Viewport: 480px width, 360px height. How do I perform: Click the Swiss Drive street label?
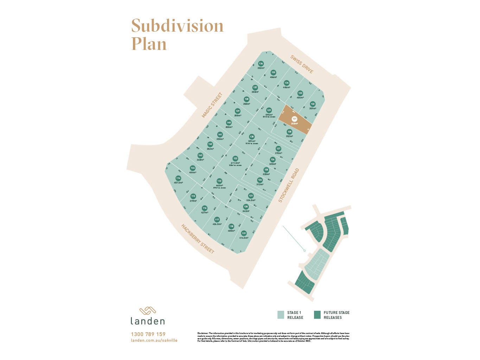(x=302, y=64)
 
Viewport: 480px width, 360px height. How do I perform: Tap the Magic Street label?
(x=212, y=105)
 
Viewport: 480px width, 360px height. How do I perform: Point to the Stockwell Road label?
(x=289, y=185)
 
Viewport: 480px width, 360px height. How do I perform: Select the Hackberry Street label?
(x=198, y=239)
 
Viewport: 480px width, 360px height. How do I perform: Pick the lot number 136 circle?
(x=261, y=64)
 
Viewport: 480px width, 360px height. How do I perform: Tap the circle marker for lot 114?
(x=178, y=178)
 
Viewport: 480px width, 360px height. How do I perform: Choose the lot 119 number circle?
(x=244, y=233)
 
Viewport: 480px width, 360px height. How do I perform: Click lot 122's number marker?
(x=219, y=181)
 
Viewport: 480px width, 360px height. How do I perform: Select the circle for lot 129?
(x=269, y=110)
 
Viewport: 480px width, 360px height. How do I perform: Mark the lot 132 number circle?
(x=313, y=104)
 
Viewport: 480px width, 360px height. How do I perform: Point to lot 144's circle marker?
(x=192, y=168)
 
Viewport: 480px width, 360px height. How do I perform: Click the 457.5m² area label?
(x=178, y=183)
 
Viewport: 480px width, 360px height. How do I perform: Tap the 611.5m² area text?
(x=235, y=163)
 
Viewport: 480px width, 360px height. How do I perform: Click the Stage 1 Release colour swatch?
(x=281, y=315)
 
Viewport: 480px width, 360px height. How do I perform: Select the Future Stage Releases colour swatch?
(x=317, y=315)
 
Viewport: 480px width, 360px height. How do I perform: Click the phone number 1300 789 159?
(x=148, y=334)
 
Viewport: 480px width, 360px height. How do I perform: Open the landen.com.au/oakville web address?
(x=154, y=340)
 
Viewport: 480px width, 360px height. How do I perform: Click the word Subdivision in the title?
(x=177, y=26)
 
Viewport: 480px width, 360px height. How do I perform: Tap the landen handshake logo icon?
(x=148, y=311)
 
